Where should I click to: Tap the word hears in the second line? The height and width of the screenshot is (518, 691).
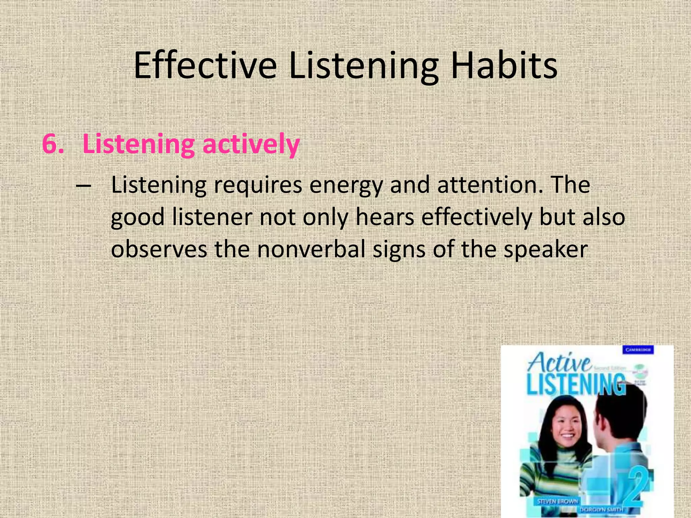[x=385, y=218]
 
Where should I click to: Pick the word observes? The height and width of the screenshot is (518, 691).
[x=159, y=250]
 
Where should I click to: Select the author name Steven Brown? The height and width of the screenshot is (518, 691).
[x=557, y=501]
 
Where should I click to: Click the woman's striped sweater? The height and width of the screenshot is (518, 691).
[x=547, y=472]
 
